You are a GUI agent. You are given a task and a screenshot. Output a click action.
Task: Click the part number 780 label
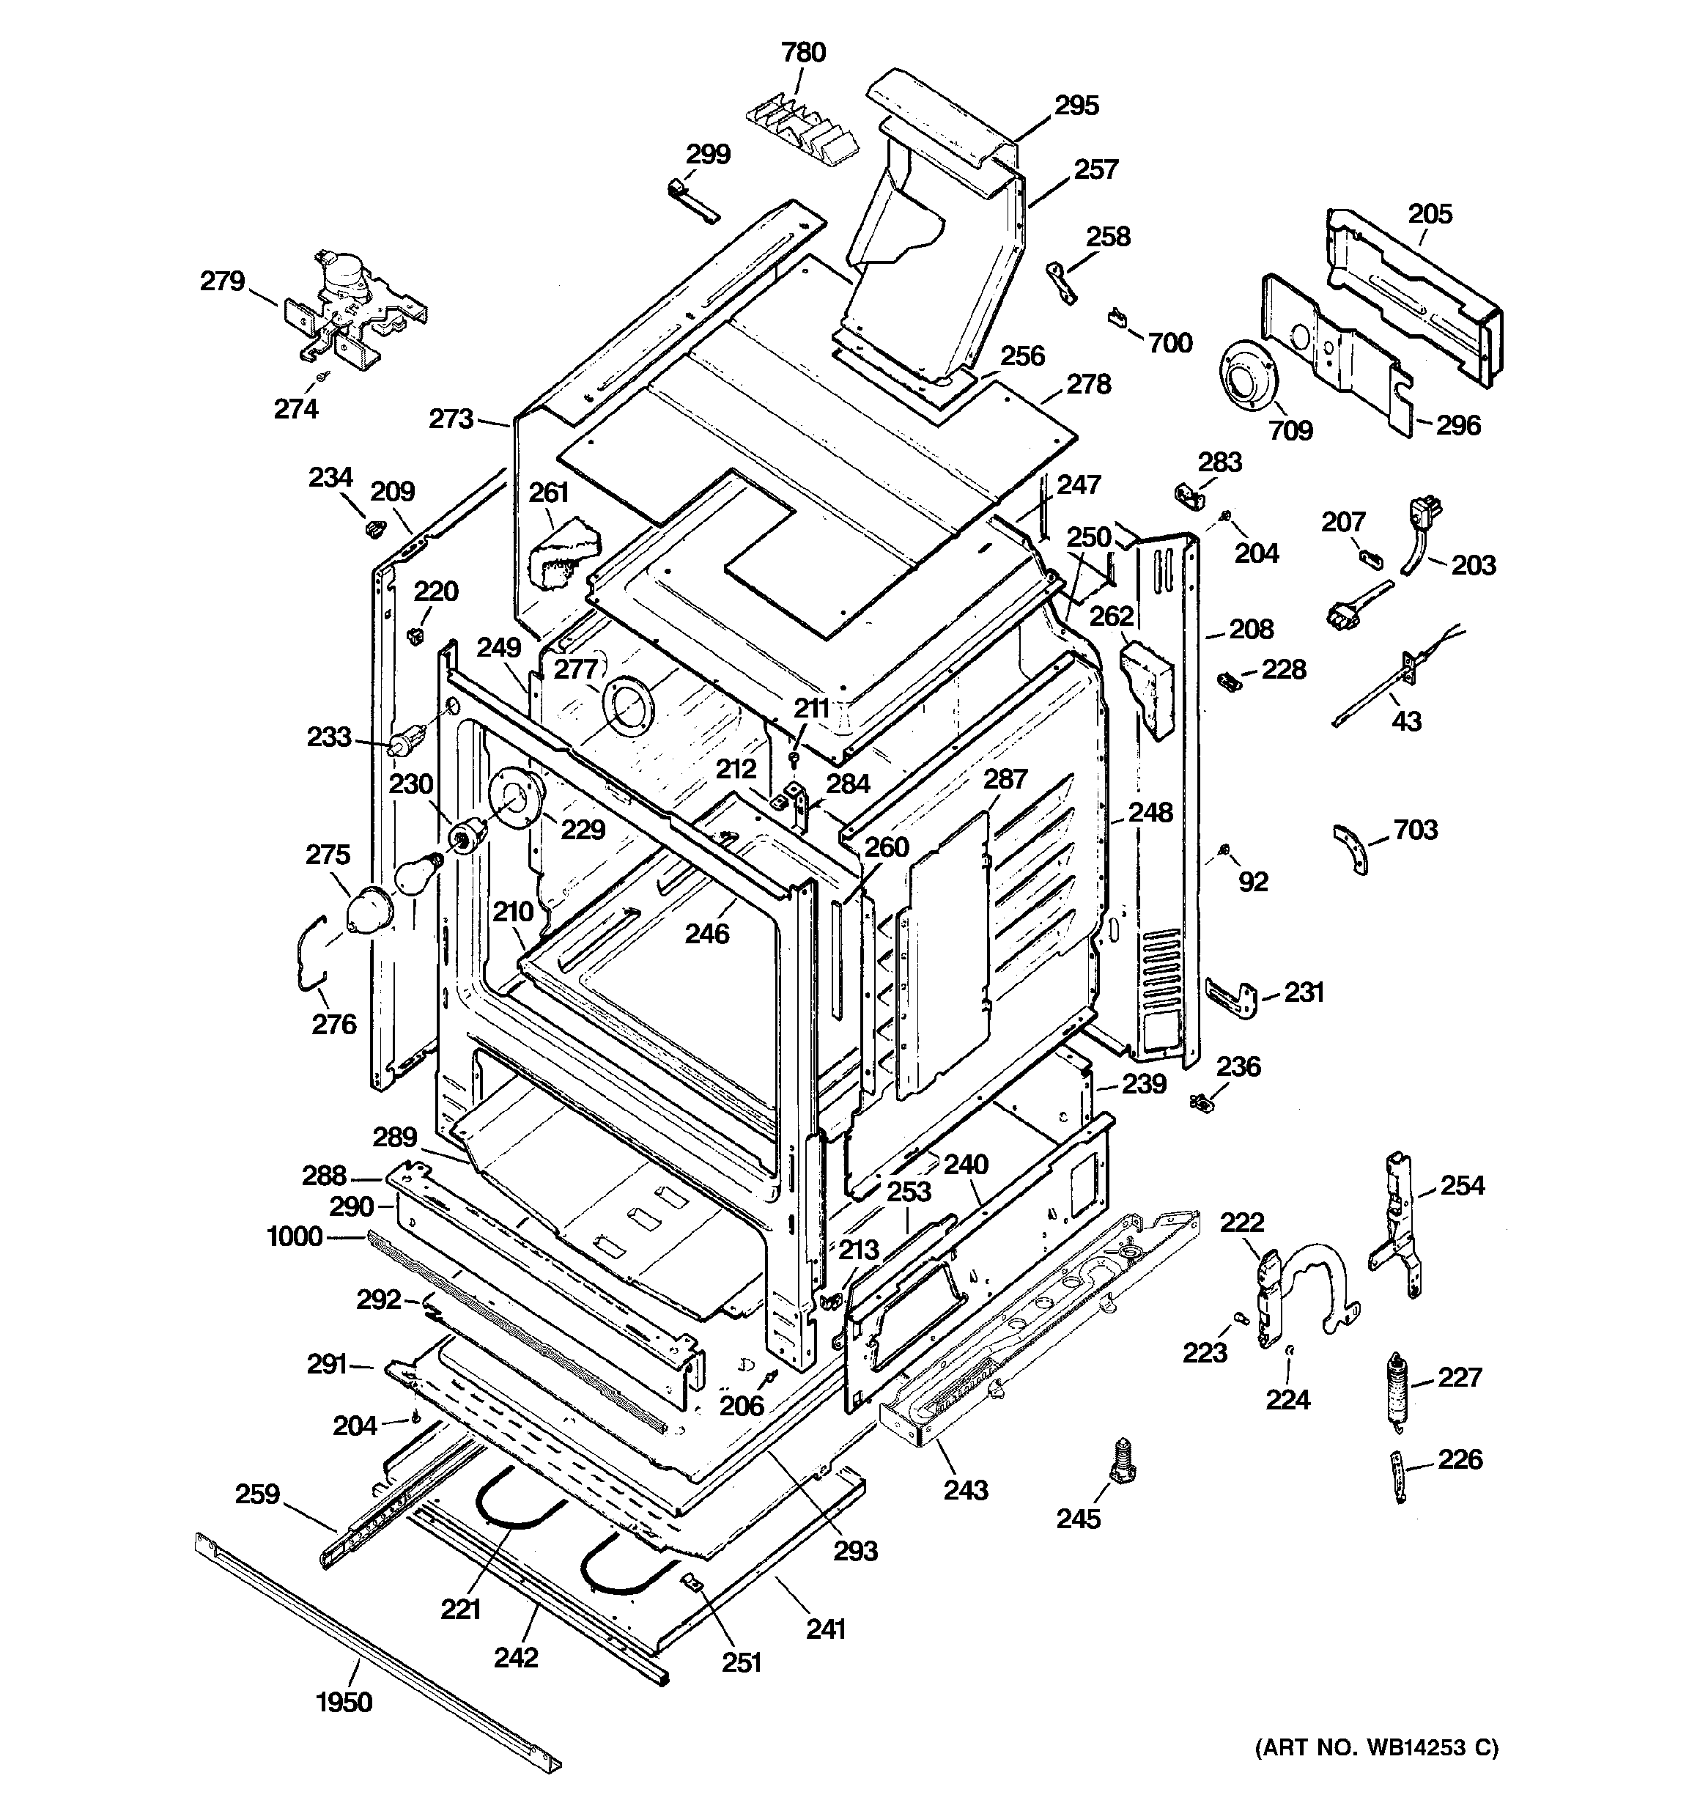tap(803, 53)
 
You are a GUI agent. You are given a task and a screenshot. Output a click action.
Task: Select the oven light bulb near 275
tap(416, 878)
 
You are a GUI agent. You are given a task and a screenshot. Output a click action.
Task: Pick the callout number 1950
tap(344, 1702)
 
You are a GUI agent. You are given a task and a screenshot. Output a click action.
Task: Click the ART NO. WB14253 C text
tap(1376, 1747)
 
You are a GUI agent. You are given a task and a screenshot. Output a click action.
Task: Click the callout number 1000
tap(294, 1236)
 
